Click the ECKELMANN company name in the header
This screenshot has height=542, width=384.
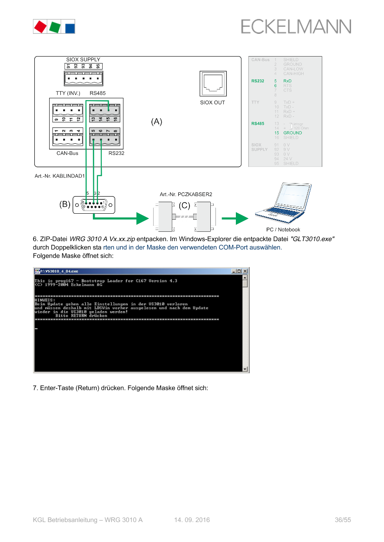pos(296,26)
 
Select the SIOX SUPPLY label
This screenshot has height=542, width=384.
pos(83,60)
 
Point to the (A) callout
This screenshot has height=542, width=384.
pos(156,122)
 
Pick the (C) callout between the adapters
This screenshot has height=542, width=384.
pos(185,205)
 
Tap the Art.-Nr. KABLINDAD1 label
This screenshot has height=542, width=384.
pos(59,176)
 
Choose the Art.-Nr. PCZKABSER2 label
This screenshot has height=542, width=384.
pos(186,194)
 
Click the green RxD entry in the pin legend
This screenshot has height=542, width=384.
pos(287,81)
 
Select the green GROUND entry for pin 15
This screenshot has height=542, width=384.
pos(293,133)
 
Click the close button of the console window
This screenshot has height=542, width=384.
pos(245,271)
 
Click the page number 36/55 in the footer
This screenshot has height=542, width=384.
pos(343,520)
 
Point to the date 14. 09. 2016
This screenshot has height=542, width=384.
pos(192,520)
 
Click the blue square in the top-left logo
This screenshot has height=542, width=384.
pos(70,27)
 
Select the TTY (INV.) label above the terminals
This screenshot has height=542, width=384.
pos(68,93)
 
